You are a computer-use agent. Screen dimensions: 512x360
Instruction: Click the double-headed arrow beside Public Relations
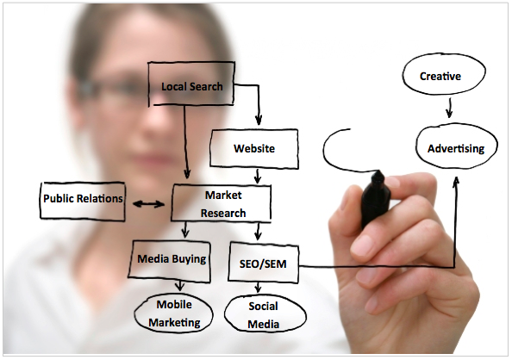coord(148,204)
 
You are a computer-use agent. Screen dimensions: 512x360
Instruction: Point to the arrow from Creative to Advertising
coord(450,108)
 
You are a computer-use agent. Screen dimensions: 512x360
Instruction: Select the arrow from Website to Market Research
coord(258,176)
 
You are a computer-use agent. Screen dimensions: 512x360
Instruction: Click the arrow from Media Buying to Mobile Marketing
coord(179,286)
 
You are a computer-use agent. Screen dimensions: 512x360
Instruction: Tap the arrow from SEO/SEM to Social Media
coord(259,287)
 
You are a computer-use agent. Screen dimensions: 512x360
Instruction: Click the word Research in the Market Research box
coord(223,213)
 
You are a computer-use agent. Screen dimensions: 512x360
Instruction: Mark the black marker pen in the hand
coord(375,199)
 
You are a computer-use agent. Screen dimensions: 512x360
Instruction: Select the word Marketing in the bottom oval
coord(174,323)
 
